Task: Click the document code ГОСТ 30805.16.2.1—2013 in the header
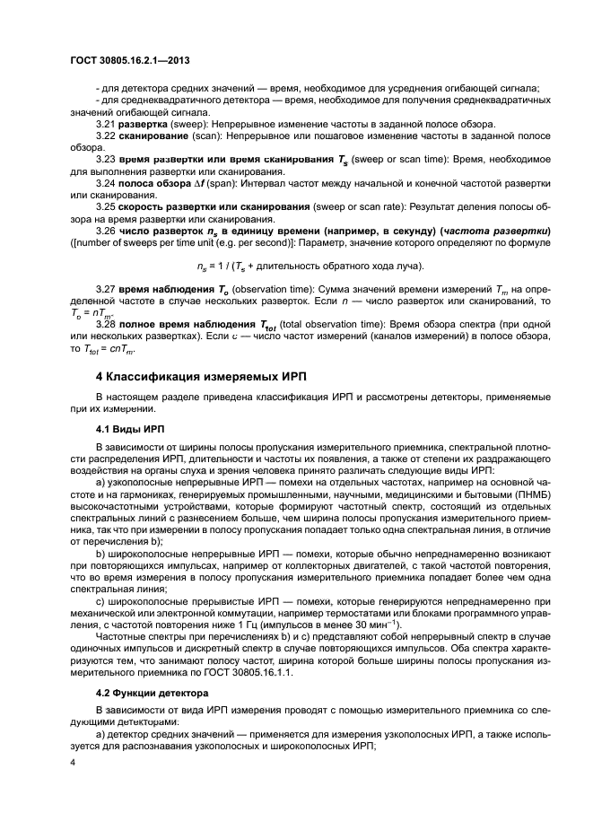[x=132, y=60]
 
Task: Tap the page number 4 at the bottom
[x=71, y=763]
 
